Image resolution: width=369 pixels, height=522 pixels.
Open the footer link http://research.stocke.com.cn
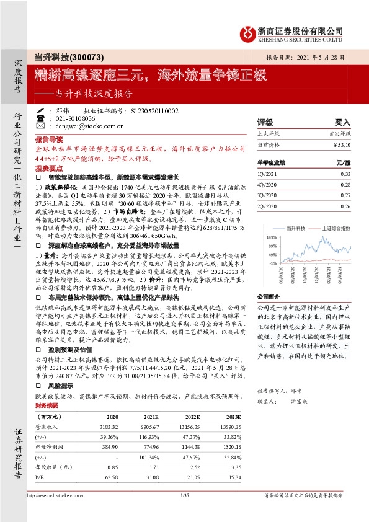coord(62,495)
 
